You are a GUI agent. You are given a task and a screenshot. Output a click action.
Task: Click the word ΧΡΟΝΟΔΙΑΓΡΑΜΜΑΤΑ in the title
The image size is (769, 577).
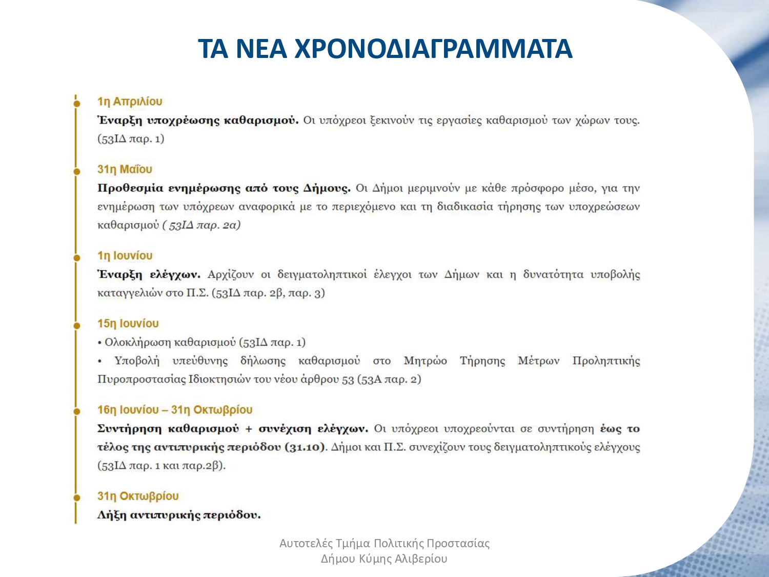[x=433, y=49]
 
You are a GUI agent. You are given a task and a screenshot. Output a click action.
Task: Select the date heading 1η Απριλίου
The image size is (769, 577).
[x=130, y=102]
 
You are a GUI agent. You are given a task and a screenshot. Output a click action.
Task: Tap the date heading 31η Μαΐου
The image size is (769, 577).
[x=125, y=169]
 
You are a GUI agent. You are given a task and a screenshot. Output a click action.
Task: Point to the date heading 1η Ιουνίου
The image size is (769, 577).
[x=125, y=255]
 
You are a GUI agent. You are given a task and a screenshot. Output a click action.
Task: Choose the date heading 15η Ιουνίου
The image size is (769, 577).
[x=128, y=324]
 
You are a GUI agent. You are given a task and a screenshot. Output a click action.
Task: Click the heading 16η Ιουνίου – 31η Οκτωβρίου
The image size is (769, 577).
[x=175, y=410]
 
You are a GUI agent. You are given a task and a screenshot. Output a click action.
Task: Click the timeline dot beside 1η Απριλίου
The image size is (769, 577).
[x=77, y=104]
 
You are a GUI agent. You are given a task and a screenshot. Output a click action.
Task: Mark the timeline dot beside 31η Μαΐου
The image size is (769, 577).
[x=77, y=171]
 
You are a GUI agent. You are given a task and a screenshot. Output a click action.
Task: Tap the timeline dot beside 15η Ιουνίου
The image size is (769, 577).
[x=77, y=326]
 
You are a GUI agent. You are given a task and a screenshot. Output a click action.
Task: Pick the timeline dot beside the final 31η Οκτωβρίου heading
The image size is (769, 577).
[x=77, y=498]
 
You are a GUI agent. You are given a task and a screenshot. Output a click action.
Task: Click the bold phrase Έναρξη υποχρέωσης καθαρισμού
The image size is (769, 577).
[x=197, y=121]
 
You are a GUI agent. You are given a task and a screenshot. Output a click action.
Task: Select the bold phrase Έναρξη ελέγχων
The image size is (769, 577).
[x=149, y=274]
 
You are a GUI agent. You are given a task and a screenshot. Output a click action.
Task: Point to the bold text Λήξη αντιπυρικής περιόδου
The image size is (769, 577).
[x=179, y=515]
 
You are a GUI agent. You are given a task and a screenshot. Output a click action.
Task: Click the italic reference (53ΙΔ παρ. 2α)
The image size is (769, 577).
[x=201, y=225]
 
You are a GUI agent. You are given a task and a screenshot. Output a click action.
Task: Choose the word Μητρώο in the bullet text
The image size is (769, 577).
[x=425, y=361]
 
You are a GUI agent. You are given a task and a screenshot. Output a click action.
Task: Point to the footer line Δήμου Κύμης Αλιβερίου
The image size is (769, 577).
[x=384, y=559]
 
